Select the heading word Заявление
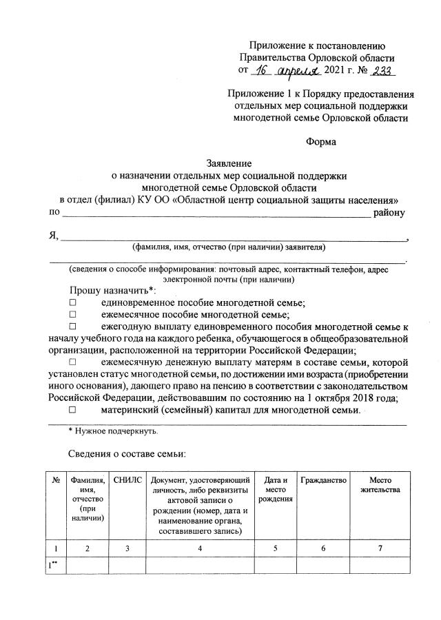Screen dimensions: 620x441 (229, 164)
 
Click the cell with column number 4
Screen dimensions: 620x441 (199, 548)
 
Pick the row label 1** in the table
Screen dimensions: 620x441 (52, 566)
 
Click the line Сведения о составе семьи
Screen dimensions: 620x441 (127, 454)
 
